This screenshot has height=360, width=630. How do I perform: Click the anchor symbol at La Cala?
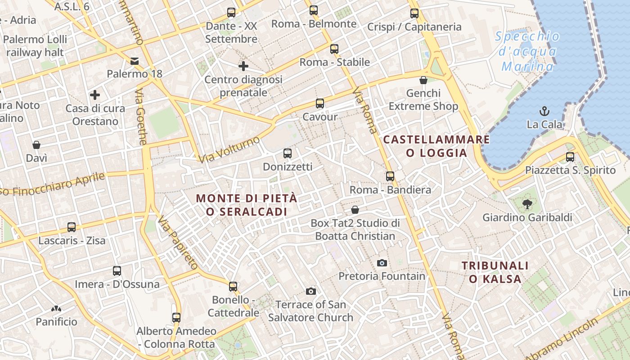(x=544, y=111)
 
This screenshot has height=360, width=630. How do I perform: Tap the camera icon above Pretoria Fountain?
(x=382, y=263)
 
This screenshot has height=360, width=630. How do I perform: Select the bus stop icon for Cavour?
(x=320, y=103)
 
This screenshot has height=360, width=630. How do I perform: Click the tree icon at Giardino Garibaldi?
(x=527, y=204)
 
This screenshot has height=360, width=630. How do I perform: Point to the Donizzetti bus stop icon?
(x=288, y=153)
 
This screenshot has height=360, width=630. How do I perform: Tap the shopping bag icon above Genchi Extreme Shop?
(x=423, y=80)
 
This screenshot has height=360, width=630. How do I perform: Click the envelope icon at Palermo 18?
(x=135, y=61)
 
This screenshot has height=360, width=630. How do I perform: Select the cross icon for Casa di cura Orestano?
(x=95, y=95)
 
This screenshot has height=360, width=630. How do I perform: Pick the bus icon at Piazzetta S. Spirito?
(x=570, y=157)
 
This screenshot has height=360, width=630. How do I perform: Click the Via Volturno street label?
(x=229, y=149)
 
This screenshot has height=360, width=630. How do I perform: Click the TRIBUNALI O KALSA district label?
(x=495, y=272)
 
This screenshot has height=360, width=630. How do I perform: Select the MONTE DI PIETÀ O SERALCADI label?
(x=247, y=205)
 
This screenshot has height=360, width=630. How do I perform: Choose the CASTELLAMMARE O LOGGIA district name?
(x=436, y=146)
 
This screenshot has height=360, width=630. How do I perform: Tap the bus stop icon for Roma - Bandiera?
(x=390, y=176)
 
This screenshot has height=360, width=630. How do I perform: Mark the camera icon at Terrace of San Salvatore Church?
(x=310, y=291)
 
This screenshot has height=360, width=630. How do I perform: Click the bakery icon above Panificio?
(x=56, y=309)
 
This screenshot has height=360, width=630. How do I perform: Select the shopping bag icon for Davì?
(x=36, y=145)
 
